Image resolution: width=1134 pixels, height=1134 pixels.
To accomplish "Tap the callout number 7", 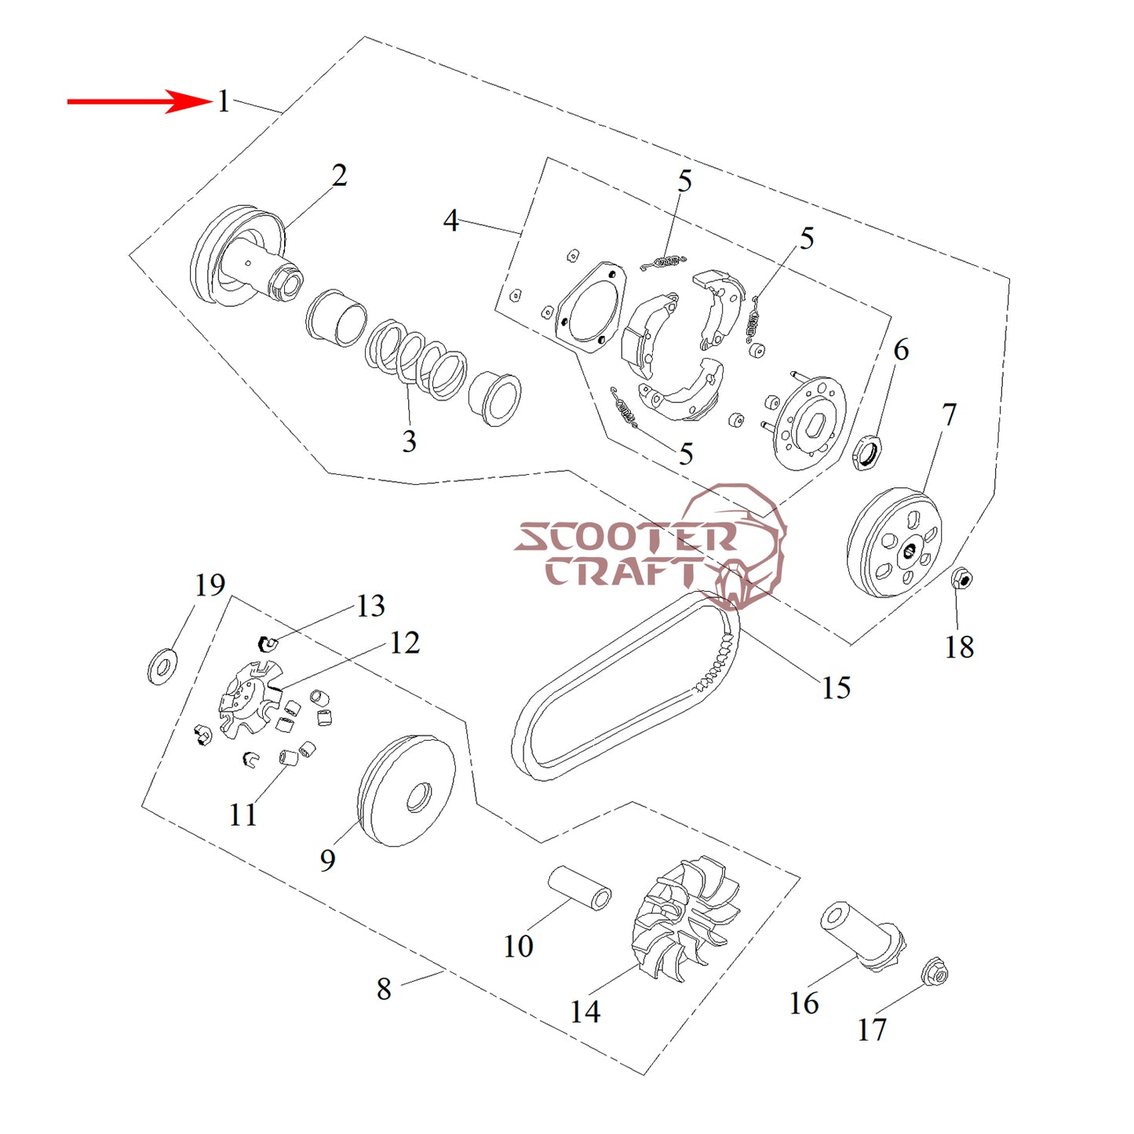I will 950,414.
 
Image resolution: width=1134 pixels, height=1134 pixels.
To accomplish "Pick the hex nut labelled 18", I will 962,581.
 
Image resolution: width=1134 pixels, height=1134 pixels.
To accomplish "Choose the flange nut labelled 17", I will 935,973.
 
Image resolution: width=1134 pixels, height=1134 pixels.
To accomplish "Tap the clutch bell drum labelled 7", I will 895,543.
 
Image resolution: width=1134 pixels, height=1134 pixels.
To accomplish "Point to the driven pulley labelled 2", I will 243,259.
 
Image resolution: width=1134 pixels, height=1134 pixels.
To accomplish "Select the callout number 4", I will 450,221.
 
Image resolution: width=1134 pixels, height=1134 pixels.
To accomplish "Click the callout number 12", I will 405,644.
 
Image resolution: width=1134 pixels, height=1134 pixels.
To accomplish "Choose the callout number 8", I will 384,989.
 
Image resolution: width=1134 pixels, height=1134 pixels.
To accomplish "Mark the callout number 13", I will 370,606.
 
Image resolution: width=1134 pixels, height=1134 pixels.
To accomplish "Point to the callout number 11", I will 242,815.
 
